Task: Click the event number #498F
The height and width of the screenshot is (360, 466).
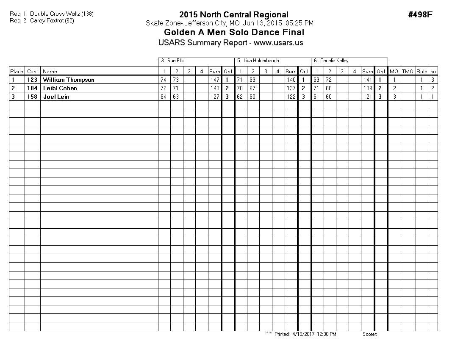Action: [420, 15]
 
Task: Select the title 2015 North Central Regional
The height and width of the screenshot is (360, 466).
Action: [234, 15]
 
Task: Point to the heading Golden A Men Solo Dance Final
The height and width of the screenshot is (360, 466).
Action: [234, 32]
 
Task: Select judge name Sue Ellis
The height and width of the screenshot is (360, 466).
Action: [176, 61]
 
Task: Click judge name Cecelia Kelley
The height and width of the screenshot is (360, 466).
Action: [334, 61]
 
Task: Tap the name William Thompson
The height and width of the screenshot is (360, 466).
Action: [69, 80]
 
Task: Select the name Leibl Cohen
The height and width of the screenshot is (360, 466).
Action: [60, 88]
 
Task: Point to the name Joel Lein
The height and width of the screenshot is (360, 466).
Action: [56, 97]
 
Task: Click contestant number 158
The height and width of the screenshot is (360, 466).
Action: [32, 97]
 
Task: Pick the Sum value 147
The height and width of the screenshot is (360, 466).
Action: [215, 80]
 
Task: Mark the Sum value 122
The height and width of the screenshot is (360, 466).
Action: [291, 97]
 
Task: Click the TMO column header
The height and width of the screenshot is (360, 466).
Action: [408, 72]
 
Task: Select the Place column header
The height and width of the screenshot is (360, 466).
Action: [17, 72]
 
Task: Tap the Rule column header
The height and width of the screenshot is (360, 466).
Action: [422, 72]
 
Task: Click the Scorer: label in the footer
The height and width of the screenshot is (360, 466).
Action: [370, 334]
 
